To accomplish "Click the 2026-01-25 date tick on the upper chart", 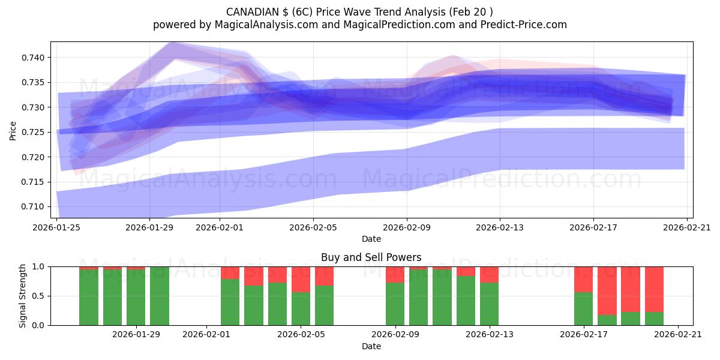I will (57, 228).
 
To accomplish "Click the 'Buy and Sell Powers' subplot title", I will (371, 257).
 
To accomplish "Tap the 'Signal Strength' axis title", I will (22, 296).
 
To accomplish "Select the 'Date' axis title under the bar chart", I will (371, 346).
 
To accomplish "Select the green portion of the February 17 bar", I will (583, 308).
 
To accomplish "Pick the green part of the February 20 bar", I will (654, 319).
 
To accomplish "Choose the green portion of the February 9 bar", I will (395, 304).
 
